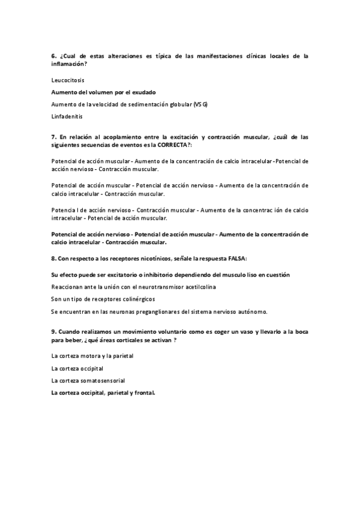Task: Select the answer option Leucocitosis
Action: tap(68, 79)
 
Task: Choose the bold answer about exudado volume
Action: tap(104, 92)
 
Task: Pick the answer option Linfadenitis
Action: tap(67, 116)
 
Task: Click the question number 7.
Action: tap(54, 137)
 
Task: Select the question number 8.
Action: tap(54, 258)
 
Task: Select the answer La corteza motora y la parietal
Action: tap(92, 355)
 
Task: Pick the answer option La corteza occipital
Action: tap(78, 368)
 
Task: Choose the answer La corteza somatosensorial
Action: tap(88, 381)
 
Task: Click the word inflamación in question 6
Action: tap(69, 64)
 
